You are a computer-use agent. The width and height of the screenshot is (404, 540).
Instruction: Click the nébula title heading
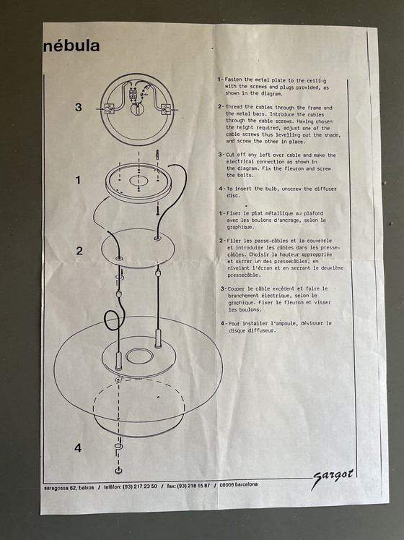pos(71,46)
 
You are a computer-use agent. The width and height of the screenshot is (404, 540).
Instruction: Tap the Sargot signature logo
pos(332,479)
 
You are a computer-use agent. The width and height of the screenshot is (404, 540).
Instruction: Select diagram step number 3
pos(79,107)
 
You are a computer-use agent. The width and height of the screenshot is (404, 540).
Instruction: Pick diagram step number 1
pos(78,180)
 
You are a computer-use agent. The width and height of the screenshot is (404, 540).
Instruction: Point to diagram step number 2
pos(79,251)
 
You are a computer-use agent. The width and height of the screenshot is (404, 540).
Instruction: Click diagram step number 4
pos(78,447)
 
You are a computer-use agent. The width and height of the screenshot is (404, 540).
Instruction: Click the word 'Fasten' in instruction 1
pos(234,80)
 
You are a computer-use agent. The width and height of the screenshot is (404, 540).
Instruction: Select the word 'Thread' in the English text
pos(234,107)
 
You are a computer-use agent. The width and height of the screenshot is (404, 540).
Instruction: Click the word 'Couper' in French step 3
pos(237,288)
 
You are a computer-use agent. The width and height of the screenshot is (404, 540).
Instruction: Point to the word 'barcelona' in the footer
pos(245,484)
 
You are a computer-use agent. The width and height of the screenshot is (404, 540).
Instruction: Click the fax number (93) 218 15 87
pos(193,486)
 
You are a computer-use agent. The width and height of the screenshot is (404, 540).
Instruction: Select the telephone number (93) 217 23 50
pos(140,487)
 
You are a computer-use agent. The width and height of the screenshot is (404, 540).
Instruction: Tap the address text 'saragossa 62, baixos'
pos(69,488)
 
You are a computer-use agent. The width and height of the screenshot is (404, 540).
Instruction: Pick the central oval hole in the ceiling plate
pos(139,181)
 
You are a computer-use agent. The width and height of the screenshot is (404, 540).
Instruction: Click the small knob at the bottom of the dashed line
pos(118,471)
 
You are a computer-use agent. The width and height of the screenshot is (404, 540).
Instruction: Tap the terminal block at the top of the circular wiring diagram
pos(133,95)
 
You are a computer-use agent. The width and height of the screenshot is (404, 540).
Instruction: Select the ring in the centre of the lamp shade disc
pos(139,356)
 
